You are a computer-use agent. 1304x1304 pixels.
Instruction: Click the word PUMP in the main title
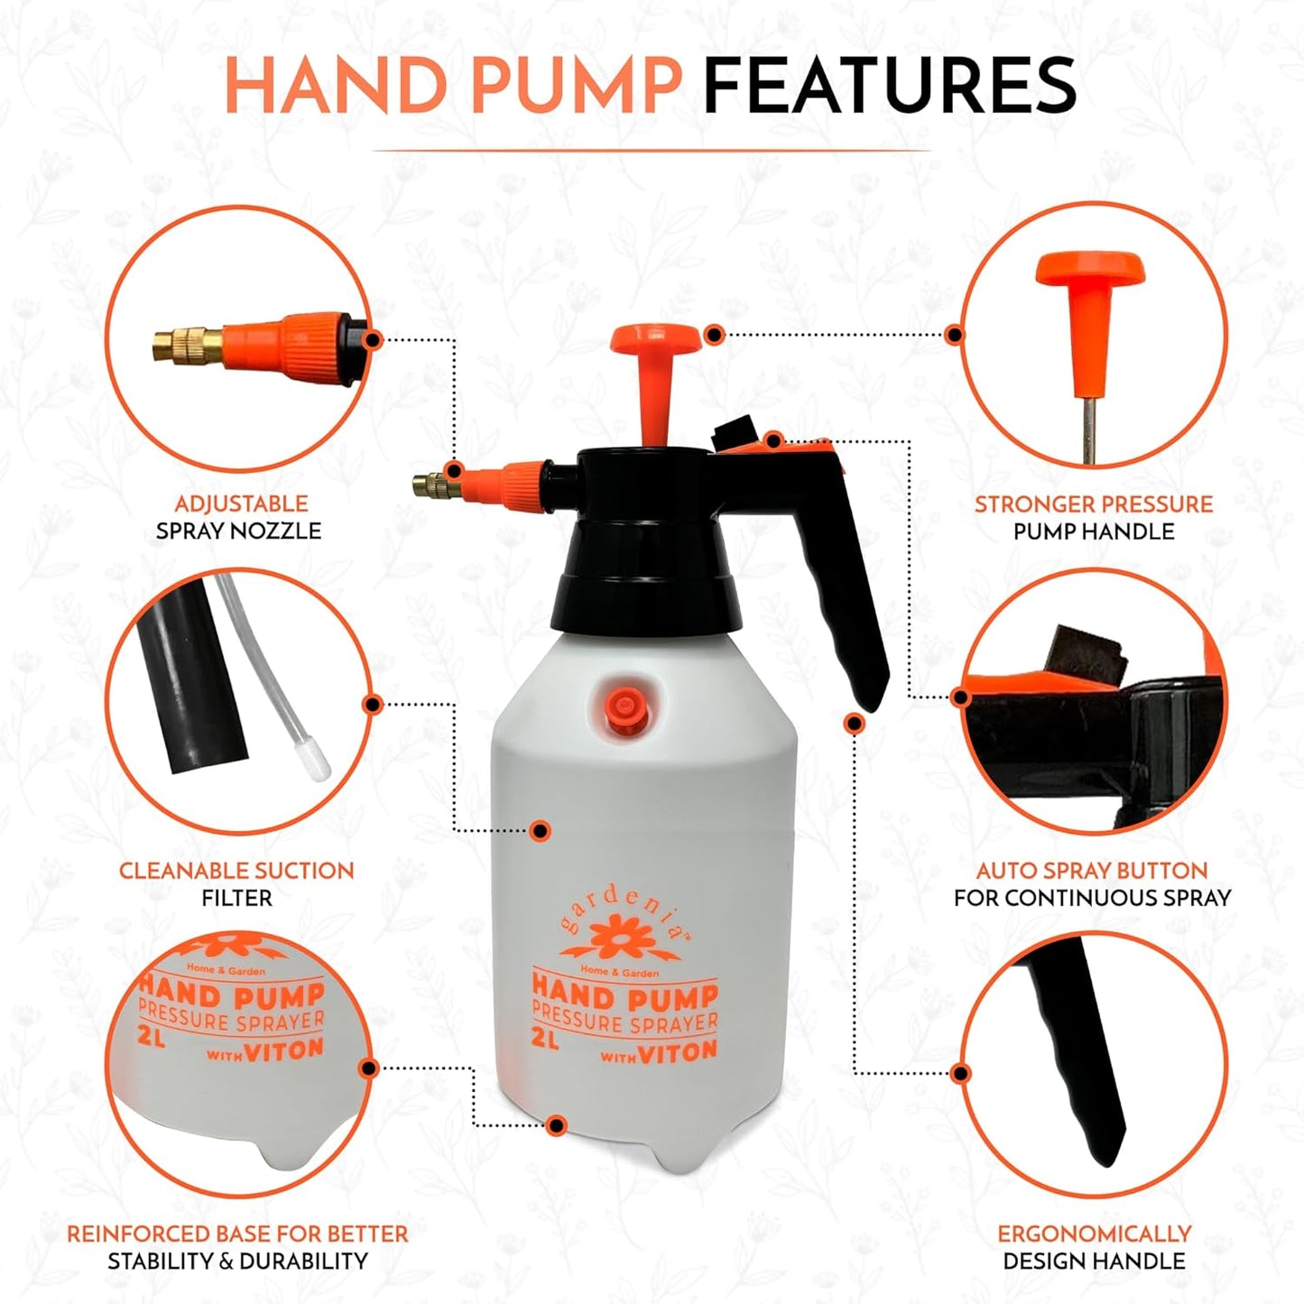click(x=575, y=85)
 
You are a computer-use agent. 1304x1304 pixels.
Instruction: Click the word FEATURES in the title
click(x=889, y=85)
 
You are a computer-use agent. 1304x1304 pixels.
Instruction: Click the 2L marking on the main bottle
click(x=545, y=1039)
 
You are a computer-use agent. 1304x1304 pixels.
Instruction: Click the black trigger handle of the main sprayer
click(x=848, y=614)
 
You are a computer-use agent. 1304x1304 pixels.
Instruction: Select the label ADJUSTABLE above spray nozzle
click(x=241, y=504)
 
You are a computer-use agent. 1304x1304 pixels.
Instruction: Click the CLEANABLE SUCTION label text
click(x=236, y=871)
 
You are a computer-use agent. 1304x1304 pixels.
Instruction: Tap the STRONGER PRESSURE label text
click(x=1093, y=504)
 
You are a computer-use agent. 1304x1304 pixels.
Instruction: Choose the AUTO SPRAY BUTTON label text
click(x=1092, y=871)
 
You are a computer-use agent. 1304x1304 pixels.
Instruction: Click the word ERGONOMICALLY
click(x=1094, y=1234)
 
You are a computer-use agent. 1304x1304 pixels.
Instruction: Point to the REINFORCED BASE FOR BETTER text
click(x=237, y=1234)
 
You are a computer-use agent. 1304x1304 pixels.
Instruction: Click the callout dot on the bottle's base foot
click(x=557, y=1124)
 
